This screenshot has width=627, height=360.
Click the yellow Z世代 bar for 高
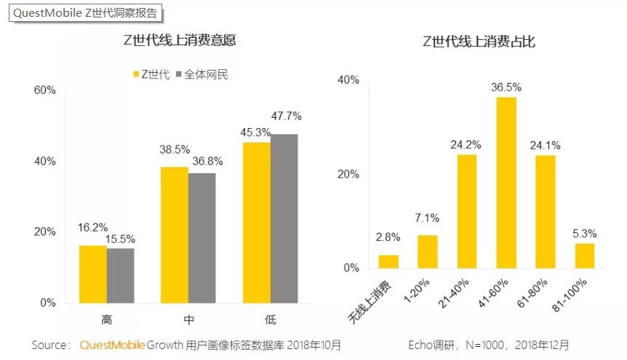click(x=92, y=273)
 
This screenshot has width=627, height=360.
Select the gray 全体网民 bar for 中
click(x=202, y=237)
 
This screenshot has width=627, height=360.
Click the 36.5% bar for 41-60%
click(x=506, y=183)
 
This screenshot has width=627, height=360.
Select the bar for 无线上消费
click(x=389, y=261)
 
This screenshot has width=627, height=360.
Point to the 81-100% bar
click(x=585, y=255)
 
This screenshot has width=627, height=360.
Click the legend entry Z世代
click(x=151, y=74)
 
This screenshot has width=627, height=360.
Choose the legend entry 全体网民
click(x=201, y=74)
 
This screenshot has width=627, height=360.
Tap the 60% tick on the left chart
click(x=45, y=90)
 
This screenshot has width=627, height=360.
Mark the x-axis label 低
click(x=271, y=319)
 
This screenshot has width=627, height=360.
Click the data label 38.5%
click(x=175, y=149)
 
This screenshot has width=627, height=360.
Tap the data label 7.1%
click(x=428, y=218)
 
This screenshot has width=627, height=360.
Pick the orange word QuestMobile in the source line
click(x=112, y=345)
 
